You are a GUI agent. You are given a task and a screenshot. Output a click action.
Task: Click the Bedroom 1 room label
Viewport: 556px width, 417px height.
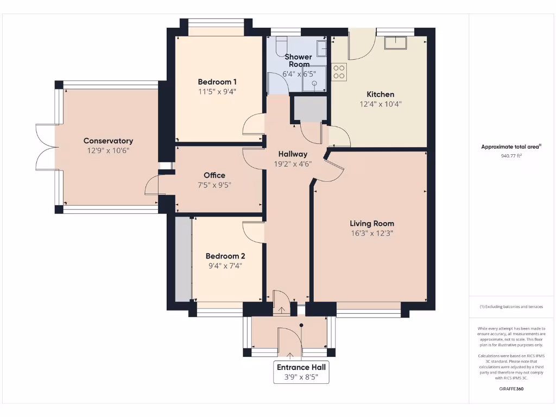pos(217,82)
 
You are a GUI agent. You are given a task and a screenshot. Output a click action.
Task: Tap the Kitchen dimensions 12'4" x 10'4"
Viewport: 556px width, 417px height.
pos(380,104)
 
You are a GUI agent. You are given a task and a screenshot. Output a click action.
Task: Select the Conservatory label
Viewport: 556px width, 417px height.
pos(108,141)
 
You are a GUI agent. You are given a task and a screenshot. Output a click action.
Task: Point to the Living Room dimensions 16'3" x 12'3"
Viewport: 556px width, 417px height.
pos(371,233)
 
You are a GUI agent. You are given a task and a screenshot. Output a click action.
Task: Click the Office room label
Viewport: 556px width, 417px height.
pos(214,175)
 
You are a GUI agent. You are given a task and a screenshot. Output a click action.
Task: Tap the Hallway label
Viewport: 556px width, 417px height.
pos(293,154)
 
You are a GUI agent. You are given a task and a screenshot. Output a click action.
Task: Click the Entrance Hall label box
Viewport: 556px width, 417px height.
pos(302,372)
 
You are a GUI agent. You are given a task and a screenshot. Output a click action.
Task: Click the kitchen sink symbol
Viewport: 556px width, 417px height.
pos(395,42)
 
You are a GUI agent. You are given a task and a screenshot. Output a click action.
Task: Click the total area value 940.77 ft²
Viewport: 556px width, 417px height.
pos(511,156)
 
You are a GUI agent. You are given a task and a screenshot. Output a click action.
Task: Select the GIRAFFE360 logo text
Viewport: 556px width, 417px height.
pos(510,389)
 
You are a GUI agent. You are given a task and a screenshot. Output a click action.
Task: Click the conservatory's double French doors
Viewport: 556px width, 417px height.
pos(46,147)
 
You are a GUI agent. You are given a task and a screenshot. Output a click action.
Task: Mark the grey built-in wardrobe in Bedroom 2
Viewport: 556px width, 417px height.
pos(183,258)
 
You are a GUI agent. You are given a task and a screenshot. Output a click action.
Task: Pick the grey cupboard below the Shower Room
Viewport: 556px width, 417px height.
pos(309,108)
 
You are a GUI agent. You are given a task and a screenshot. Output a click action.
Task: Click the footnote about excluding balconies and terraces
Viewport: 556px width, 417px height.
pos(511,307)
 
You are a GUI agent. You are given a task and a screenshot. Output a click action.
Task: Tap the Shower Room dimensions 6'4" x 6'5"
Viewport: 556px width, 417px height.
pos(299,74)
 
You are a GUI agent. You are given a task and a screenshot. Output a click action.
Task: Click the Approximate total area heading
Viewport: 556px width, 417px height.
pos(511,147)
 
